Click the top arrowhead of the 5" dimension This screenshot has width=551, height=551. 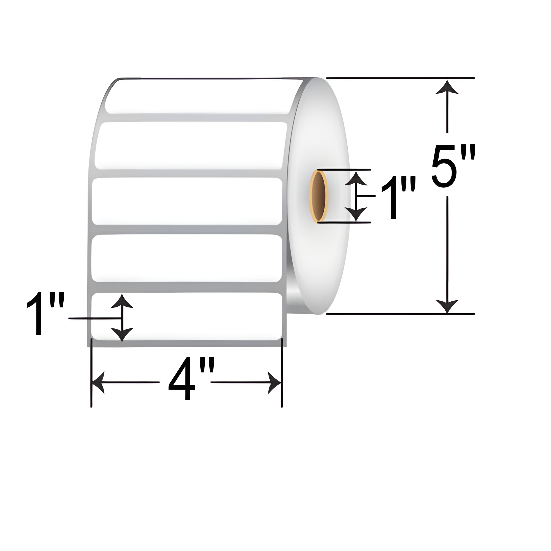pos(447,87)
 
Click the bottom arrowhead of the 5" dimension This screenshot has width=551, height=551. pos(447,307)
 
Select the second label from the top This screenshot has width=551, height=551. pos(191,145)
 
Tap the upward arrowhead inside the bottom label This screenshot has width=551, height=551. pos(122,302)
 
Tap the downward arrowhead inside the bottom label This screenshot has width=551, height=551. pos(122,334)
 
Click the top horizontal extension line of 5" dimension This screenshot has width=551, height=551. pos(399,78)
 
